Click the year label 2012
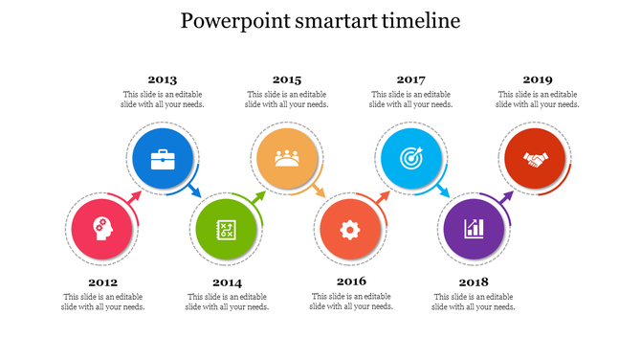[x=102, y=282]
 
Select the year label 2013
[x=162, y=79]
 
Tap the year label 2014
[x=227, y=282]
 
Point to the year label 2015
[x=286, y=79]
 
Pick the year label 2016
[x=351, y=281]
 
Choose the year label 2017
[x=410, y=79]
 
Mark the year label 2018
[x=474, y=282]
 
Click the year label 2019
[x=537, y=79]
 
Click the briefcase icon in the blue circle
[x=164, y=159]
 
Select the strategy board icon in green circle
[x=227, y=229]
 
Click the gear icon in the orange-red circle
[x=350, y=229]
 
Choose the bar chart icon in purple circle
[x=474, y=229]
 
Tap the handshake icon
[x=535, y=159]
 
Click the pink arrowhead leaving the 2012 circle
[x=136, y=195]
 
